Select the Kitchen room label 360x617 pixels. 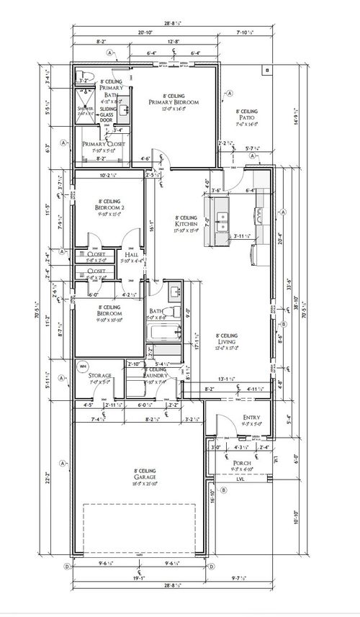pyautogui.click(x=186, y=225)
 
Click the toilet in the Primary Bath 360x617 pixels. pyautogui.click(x=84, y=76)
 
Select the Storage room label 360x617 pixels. pyautogui.click(x=99, y=377)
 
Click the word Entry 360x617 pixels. pyautogui.click(x=252, y=417)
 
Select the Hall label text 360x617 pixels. pyautogui.click(x=131, y=256)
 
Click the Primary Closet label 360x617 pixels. pyautogui.click(x=104, y=144)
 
